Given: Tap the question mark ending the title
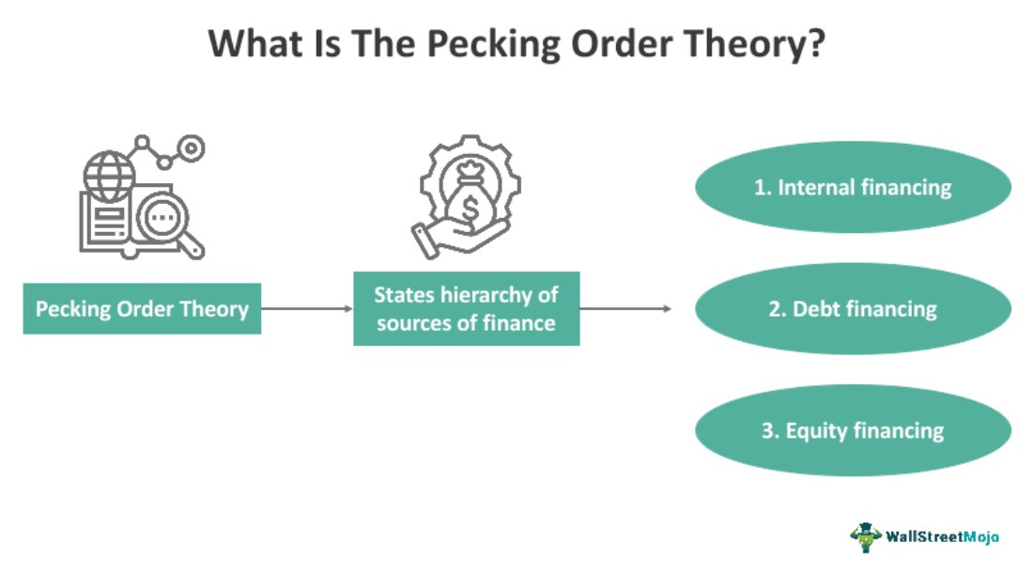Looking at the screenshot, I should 814,44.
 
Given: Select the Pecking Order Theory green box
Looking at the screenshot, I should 142,308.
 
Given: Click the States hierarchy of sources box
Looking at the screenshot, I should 466,308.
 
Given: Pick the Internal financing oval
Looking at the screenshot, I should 853,187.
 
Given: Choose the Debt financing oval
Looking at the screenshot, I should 853,308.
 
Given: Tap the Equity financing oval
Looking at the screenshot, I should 853,430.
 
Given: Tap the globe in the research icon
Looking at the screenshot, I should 103,175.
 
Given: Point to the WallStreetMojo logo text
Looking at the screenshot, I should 942,536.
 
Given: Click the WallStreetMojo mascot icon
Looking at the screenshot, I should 865,536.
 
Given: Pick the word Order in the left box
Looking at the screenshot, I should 150,309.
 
